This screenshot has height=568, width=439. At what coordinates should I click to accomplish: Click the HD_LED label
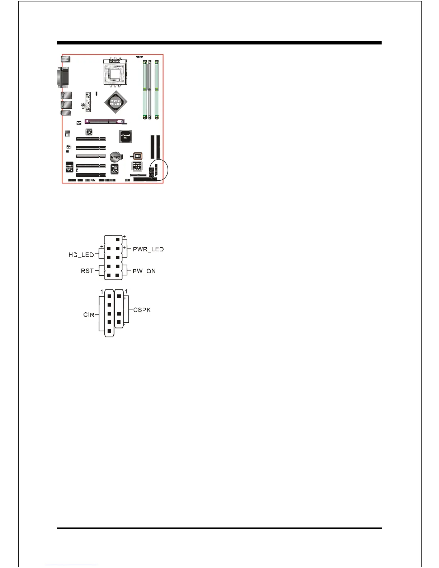pyautogui.click(x=81, y=255)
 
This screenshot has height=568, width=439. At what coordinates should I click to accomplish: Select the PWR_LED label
pyautogui.click(x=148, y=249)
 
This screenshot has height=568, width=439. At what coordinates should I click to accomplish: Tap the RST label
pyautogui.click(x=87, y=271)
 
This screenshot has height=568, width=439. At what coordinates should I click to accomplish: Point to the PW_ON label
pyautogui.click(x=144, y=271)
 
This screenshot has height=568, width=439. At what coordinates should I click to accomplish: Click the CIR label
pyautogui.click(x=89, y=314)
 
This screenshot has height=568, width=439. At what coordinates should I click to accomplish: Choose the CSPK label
pyautogui.click(x=142, y=310)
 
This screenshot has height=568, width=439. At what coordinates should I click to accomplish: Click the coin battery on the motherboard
pyautogui.click(x=115, y=157)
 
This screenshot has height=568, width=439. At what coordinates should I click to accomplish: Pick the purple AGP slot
pyautogui.click(x=104, y=122)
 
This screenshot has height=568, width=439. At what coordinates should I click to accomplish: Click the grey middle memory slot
pyautogui.click(x=149, y=90)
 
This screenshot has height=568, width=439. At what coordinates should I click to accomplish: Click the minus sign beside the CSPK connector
pyautogui.click(x=124, y=324)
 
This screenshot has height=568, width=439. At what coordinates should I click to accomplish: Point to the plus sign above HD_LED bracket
pyautogui.click(x=102, y=246)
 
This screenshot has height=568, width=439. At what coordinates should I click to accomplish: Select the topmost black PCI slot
pyautogui.click(x=90, y=138)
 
